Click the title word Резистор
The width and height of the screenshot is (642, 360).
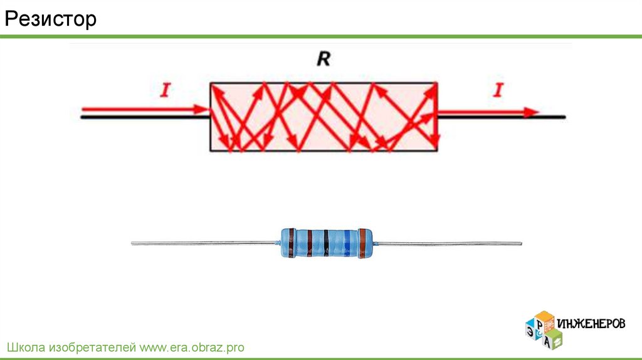(51, 19)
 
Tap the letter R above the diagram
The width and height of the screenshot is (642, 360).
(324, 60)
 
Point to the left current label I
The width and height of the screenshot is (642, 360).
(165, 91)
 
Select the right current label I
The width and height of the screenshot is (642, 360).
(498, 91)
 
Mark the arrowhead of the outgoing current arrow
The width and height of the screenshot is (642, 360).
(532, 112)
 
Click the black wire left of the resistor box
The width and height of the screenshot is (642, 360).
(144, 117)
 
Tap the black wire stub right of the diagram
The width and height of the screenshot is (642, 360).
(555, 117)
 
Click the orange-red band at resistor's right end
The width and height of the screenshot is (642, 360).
(362, 243)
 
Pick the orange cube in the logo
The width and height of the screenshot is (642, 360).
(540, 317)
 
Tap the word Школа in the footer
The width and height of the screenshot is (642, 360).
(24, 347)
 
